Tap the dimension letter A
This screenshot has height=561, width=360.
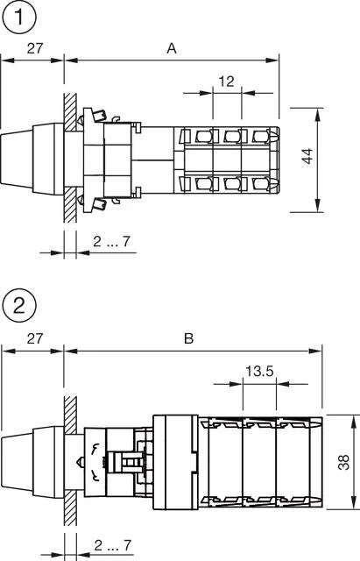172,49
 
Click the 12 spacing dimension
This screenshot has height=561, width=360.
226,82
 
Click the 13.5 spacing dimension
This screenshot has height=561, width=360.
258,372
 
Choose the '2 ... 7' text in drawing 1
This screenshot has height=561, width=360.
112,241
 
